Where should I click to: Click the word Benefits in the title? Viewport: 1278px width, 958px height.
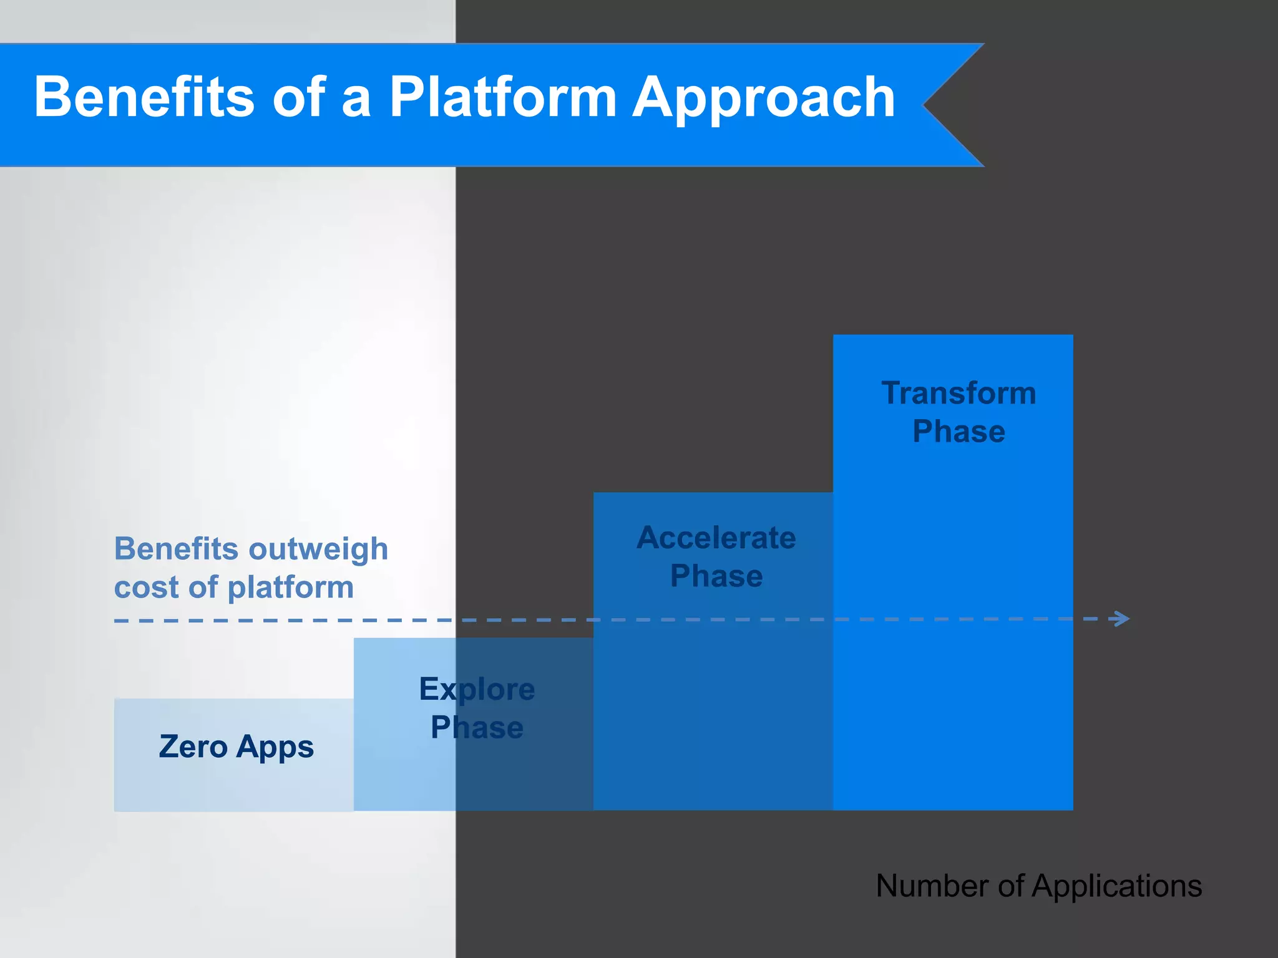(144, 97)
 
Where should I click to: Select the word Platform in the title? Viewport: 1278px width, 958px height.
(503, 97)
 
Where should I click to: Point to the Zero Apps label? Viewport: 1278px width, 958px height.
(236, 747)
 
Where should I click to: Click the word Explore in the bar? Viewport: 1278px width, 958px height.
(477, 690)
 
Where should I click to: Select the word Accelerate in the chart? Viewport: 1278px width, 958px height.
(716, 538)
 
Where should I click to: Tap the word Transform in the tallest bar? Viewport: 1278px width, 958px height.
(958, 394)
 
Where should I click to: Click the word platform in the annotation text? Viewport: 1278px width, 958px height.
(291, 588)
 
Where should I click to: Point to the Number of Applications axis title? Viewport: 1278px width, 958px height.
(1038, 886)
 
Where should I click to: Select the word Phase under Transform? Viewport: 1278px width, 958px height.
(958, 432)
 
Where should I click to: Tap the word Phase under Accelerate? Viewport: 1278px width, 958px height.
(716, 576)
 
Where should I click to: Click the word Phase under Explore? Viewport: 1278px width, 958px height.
(477, 728)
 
